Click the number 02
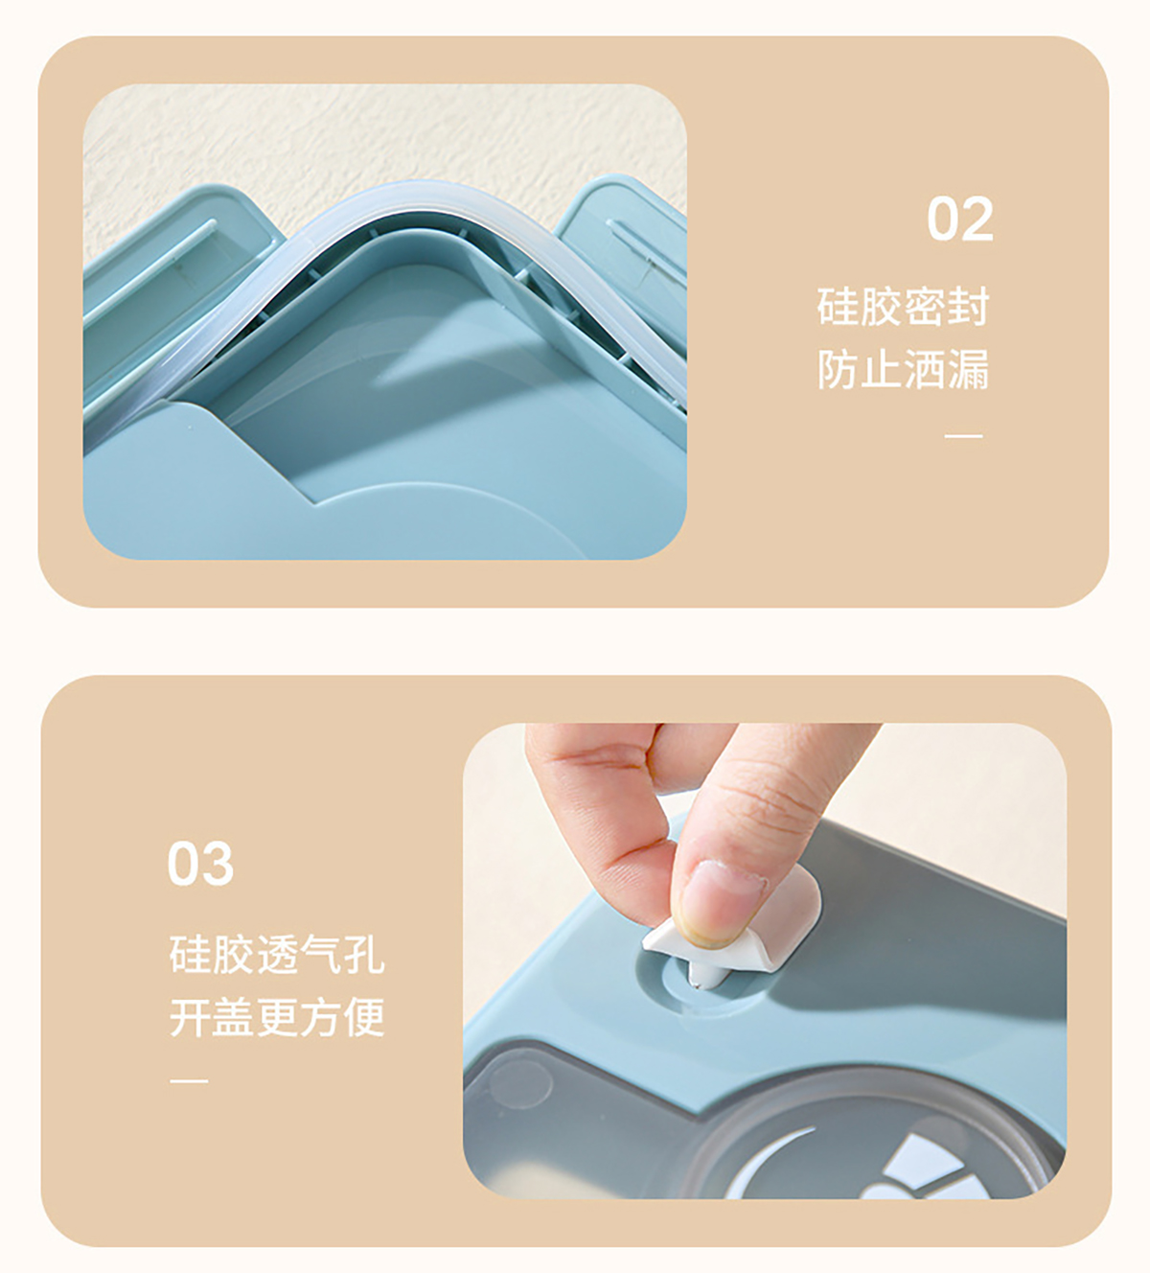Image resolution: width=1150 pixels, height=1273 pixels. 960,219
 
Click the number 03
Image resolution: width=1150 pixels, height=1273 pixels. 200,863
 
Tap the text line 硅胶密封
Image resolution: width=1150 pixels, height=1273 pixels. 903,307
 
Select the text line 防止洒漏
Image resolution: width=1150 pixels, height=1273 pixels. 903,369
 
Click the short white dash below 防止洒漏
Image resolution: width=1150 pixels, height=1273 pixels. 963,436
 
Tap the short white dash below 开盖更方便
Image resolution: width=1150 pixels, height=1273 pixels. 189,1080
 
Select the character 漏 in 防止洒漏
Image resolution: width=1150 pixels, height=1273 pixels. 969,369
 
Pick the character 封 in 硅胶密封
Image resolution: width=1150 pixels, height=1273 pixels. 969,307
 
